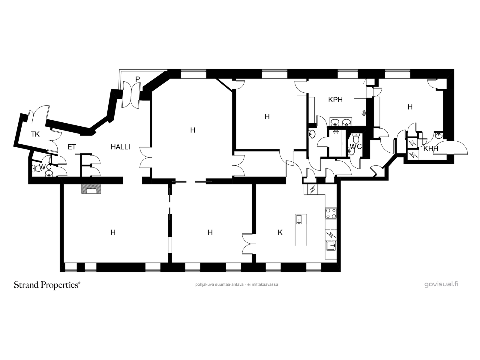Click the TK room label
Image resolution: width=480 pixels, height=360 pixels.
(x=35, y=134)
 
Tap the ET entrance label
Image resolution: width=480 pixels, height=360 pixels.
(x=72, y=147)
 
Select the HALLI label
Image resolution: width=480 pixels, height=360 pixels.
(x=120, y=147)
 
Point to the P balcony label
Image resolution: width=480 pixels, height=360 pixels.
(x=137, y=79)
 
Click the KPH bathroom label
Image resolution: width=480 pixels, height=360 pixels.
(x=335, y=100)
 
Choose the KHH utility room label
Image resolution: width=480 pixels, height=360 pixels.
(x=430, y=148)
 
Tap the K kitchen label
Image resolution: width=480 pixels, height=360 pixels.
(x=280, y=232)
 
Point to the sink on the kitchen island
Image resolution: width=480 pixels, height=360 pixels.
(x=299, y=220)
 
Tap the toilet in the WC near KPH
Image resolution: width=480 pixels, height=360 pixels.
(x=356, y=138)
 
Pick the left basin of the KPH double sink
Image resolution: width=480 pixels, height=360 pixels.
(x=334, y=122)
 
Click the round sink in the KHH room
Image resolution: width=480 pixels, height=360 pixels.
(x=439, y=136)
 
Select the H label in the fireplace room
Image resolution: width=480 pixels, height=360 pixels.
(x=113, y=232)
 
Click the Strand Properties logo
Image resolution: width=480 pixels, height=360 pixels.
(x=47, y=285)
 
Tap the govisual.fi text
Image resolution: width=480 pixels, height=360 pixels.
(x=441, y=284)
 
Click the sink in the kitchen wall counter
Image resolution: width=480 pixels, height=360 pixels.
(x=331, y=246)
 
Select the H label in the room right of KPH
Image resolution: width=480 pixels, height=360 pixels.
(x=410, y=107)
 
